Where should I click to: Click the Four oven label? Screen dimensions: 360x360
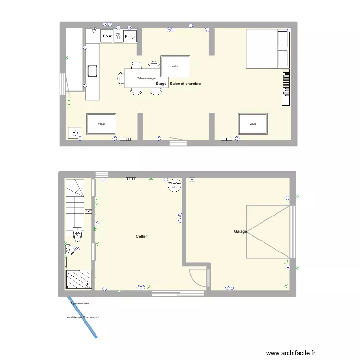[107, 36]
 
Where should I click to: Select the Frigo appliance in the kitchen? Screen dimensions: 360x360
[130, 36]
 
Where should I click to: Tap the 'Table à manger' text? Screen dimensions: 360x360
[146, 78]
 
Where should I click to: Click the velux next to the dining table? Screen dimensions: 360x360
[175, 66]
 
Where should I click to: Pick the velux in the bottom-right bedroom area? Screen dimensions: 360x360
[252, 124]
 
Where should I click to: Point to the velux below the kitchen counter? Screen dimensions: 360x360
[101, 124]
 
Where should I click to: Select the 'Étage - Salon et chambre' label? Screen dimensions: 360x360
[178, 84]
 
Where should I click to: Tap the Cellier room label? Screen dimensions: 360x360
[142, 236]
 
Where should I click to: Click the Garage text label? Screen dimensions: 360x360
[240, 231]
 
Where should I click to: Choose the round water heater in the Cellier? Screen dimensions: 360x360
[174, 185]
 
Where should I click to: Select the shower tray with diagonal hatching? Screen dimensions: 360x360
[78, 280]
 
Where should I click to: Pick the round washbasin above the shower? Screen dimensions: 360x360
[70, 249]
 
